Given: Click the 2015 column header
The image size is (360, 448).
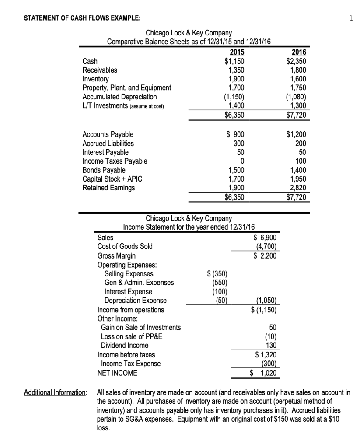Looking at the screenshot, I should coord(234,53).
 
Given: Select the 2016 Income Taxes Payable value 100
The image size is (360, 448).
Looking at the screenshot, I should coord(305,161).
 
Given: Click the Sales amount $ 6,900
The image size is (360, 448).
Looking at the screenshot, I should coord(265,237).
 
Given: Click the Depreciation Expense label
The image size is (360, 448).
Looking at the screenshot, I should coord(136,300).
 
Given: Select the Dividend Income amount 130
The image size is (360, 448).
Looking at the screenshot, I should coord(271,345).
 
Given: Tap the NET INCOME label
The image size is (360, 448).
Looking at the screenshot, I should coord(117,373).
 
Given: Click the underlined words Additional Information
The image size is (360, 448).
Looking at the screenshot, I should coord(55,392).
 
